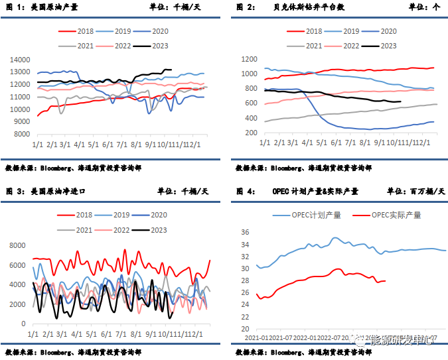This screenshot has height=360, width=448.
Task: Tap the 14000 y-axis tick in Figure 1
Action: (20, 60)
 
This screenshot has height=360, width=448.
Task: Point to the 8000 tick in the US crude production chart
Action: (22, 133)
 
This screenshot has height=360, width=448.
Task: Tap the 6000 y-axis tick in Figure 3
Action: (17, 265)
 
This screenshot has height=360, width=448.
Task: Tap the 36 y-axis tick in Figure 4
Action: (245, 233)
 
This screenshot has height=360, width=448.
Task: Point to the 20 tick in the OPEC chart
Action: (245, 329)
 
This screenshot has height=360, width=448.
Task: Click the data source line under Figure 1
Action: (73, 168)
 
